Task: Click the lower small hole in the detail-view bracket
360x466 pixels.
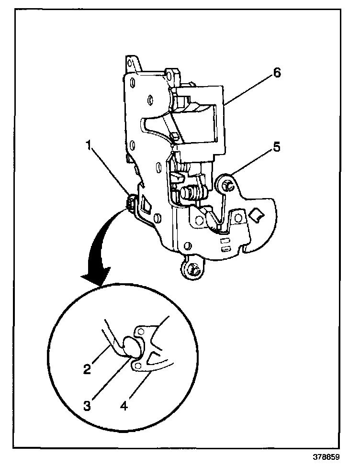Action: (138, 366)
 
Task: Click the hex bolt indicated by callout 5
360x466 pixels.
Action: (227, 185)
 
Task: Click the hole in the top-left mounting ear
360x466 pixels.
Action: (130, 62)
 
